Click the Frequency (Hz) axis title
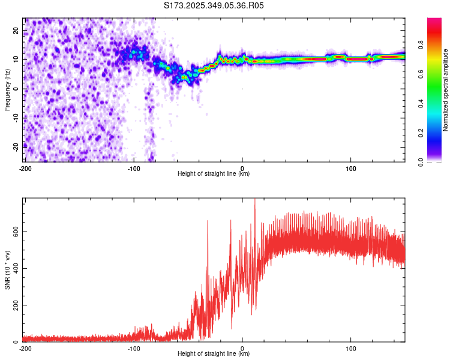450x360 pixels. click(8, 89)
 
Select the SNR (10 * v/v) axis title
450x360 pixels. click(8, 269)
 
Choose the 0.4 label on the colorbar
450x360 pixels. click(422, 103)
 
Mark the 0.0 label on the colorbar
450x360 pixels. click(422, 161)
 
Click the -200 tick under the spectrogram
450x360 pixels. click(25, 168)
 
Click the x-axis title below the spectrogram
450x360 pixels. click(214, 174)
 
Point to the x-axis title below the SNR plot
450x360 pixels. click(214, 354)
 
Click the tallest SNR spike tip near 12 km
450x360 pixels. click(255, 199)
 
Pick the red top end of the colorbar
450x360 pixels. click(434, 20)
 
